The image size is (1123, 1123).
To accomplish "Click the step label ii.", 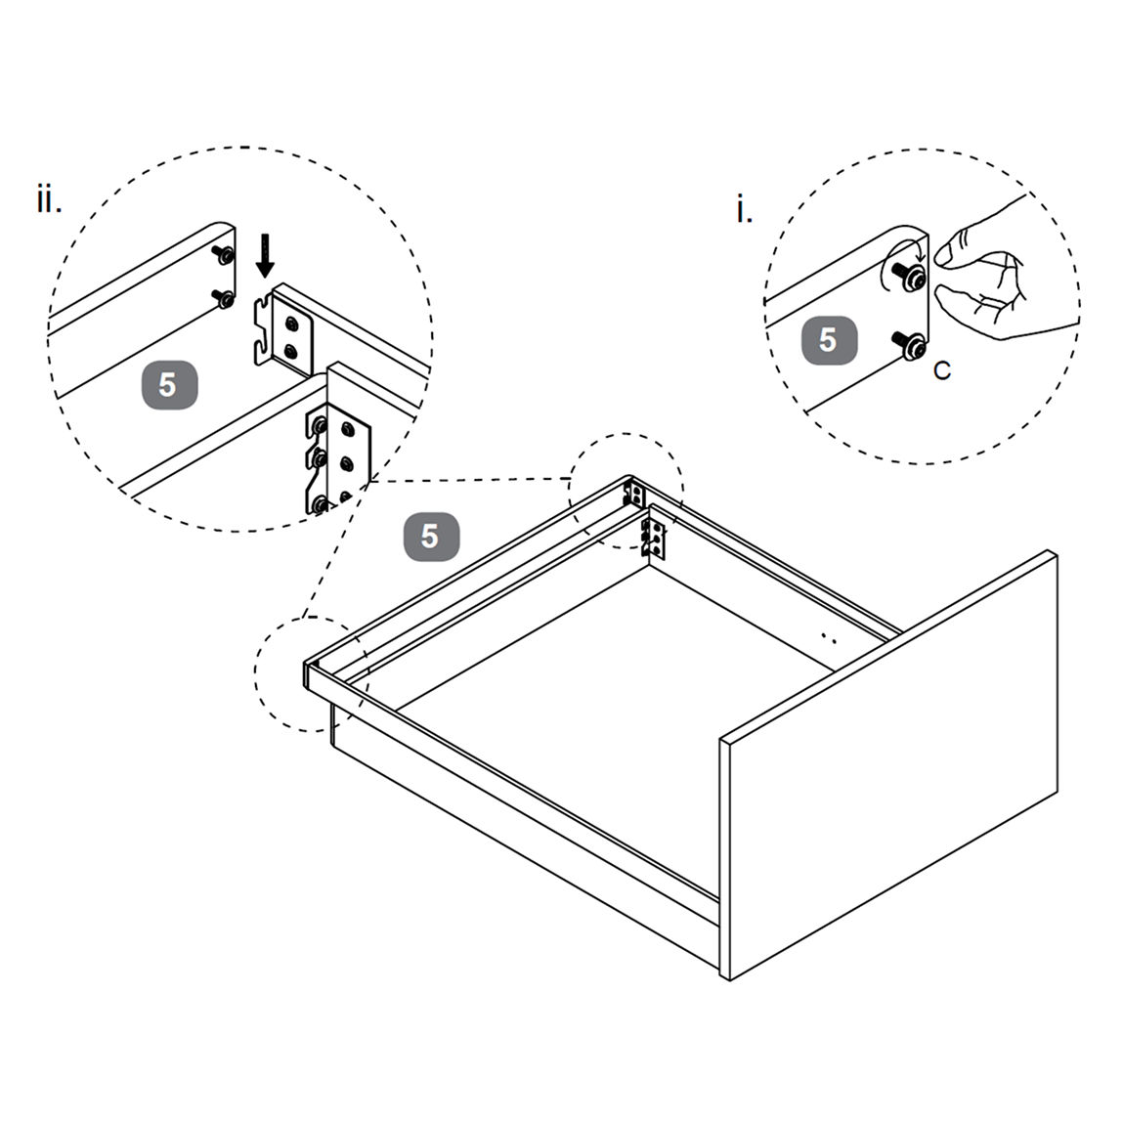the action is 49,199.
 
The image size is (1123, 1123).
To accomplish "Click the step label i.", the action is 744,210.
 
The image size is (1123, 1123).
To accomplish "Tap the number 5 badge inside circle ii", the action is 169,385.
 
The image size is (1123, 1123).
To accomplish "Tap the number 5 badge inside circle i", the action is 829,340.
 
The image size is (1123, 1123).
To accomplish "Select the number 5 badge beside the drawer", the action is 431,536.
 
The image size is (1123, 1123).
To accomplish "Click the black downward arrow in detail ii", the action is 265,255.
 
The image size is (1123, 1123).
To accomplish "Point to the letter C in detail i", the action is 942,370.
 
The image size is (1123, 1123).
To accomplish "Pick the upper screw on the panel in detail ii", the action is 224,254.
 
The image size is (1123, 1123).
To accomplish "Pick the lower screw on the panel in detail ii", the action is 224,298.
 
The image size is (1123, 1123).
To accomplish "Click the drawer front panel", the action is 889,765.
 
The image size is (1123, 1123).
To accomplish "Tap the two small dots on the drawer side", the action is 829,637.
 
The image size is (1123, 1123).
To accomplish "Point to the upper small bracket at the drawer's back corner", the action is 634,495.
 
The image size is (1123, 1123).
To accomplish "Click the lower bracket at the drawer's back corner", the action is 653,538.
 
